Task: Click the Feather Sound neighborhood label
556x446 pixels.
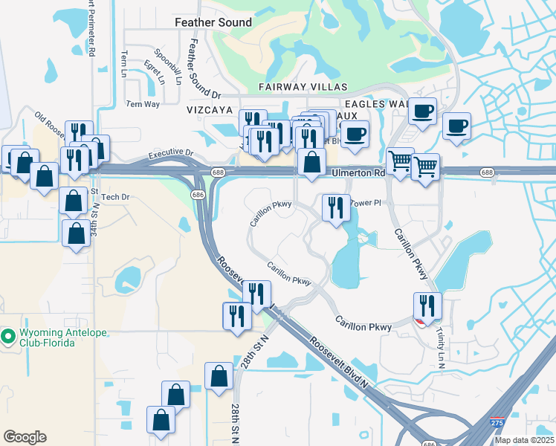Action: (x=213, y=23)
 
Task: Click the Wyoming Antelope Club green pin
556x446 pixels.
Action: (x=9, y=337)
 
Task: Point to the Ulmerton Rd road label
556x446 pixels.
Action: (x=358, y=172)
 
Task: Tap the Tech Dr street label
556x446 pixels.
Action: (x=115, y=197)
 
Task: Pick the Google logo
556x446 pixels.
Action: (x=25, y=437)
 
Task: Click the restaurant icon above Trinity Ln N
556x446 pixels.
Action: (x=427, y=304)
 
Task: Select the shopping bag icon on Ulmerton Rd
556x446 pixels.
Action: (x=311, y=161)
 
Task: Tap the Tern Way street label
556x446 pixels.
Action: (x=143, y=104)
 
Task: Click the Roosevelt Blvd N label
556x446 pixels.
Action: (x=339, y=363)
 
